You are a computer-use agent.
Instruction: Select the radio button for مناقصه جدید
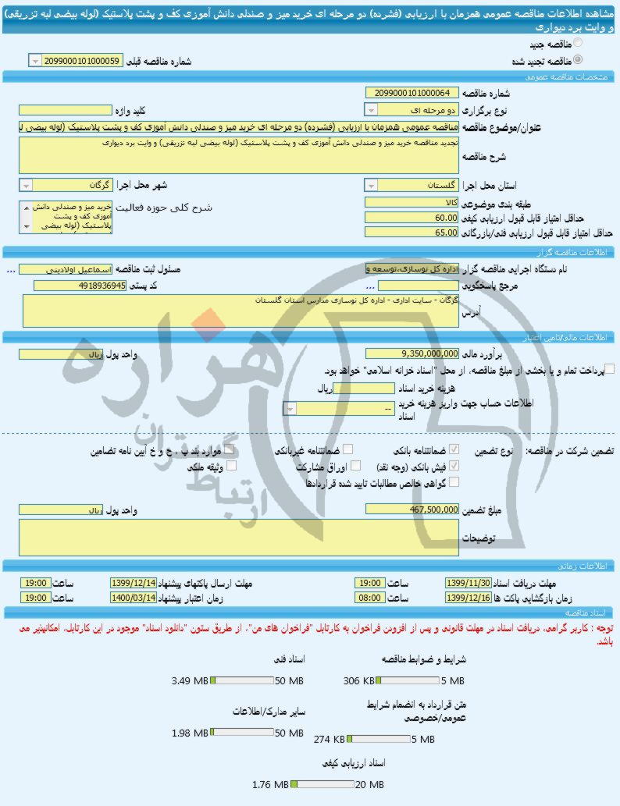pyautogui.click(x=578, y=43)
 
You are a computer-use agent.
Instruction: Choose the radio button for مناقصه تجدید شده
pyautogui.click(x=578, y=59)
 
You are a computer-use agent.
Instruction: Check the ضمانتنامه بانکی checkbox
pyautogui.click(x=454, y=449)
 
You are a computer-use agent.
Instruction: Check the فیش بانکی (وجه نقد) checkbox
pyautogui.click(x=454, y=465)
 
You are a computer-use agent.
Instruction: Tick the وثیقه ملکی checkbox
pyautogui.click(x=230, y=465)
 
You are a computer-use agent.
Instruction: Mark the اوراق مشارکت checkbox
pyautogui.click(x=356, y=465)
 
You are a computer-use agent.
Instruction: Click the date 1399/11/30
pyautogui.click(x=468, y=583)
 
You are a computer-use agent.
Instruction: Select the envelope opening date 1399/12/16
pyautogui.click(x=468, y=597)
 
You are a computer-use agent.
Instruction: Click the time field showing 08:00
pyautogui.click(x=369, y=597)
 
